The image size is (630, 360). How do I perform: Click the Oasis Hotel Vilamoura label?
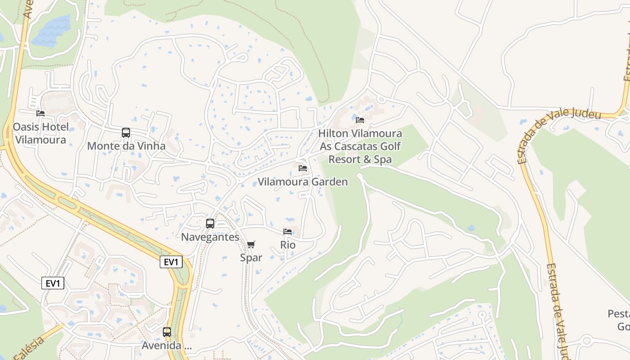pyautogui.click(x=40, y=133)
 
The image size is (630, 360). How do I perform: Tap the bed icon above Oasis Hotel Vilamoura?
pyautogui.click(x=40, y=113)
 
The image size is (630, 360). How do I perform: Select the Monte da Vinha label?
pyautogui.click(x=126, y=146)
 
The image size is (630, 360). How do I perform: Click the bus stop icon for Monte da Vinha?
pyautogui.click(x=126, y=133)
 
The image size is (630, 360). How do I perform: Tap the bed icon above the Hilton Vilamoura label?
pyautogui.click(x=360, y=120)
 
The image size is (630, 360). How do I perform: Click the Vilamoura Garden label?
pyautogui.click(x=302, y=182)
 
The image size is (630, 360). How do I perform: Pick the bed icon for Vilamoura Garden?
pyautogui.click(x=303, y=168)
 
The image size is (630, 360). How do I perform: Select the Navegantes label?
pyautogui.click(x=210, y=237)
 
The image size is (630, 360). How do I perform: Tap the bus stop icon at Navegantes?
pyautogui.click(x=210, y=224)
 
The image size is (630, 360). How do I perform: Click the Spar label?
pyautogui.click(x=251, y=258)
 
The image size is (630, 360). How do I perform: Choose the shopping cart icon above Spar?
pyautogui.click(x=251, y=244)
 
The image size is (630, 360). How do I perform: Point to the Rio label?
pyautogui.click(x=288, y=245)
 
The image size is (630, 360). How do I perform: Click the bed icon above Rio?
pyautogui.click(x=288, y=232)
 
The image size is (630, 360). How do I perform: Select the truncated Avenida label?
pyautogui.click(x=167, y=346)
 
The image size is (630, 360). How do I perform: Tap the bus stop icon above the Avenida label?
pyautogui.click(x=167, y=332)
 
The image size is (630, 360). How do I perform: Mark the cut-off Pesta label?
pyautogui.click(x=618, y=314)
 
